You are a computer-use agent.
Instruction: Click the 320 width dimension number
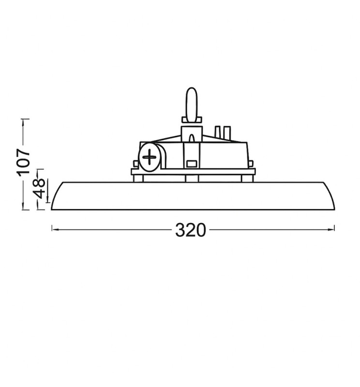pos(191,230)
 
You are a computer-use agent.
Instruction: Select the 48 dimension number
pos(40,190)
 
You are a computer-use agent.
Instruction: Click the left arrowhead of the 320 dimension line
pos(54,227)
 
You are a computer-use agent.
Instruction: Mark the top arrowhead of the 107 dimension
pos(23,119)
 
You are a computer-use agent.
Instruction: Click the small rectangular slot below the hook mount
pos(192,163)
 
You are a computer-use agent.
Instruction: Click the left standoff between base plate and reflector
pos(139,178)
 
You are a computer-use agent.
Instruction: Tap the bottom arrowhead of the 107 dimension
pos(23,208)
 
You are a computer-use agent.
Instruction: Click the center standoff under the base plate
pos(192,178)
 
